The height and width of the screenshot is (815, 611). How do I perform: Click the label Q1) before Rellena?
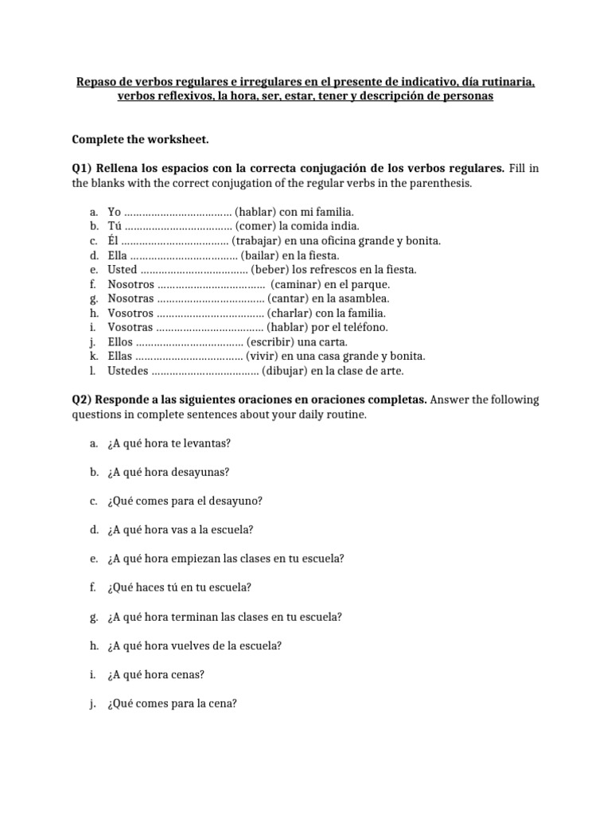(x=83, y=169)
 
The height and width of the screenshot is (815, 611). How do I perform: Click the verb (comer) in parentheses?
(x=255, y=226)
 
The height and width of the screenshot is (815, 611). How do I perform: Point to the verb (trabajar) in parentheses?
(x=259, y=240)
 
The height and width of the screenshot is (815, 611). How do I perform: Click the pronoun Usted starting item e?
(x=123, y=270)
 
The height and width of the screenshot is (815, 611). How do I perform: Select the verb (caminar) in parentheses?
(x=299, y=284)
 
